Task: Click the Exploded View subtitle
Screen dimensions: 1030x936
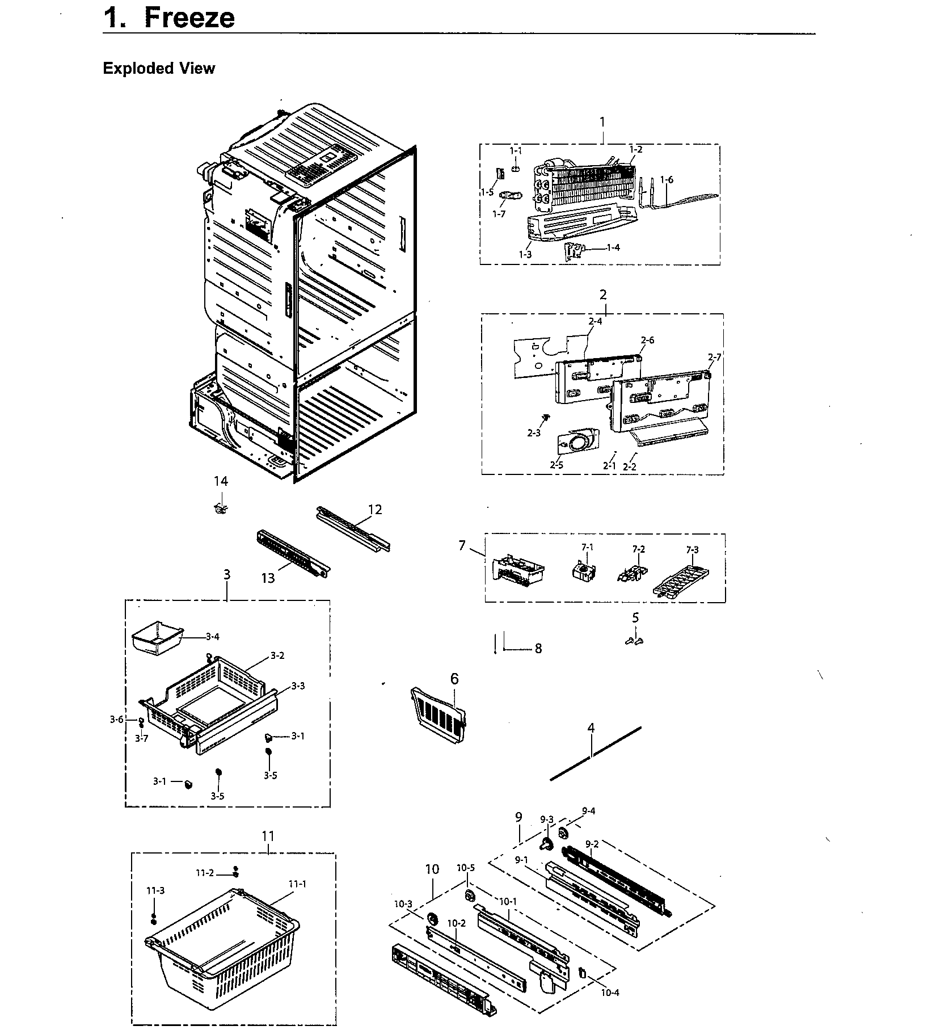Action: [159, 69]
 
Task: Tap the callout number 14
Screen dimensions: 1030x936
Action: [221, 482]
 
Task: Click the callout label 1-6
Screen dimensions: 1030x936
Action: [667, 180]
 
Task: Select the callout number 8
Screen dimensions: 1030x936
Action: [538, 649]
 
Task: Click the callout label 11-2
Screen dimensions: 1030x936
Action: [205, 873]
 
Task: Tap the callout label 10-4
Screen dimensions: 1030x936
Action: [610, 993]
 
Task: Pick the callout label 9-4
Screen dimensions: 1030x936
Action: [588, 812]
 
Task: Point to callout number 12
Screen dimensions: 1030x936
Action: [375, 510]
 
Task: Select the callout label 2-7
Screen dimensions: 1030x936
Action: [714, 357]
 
